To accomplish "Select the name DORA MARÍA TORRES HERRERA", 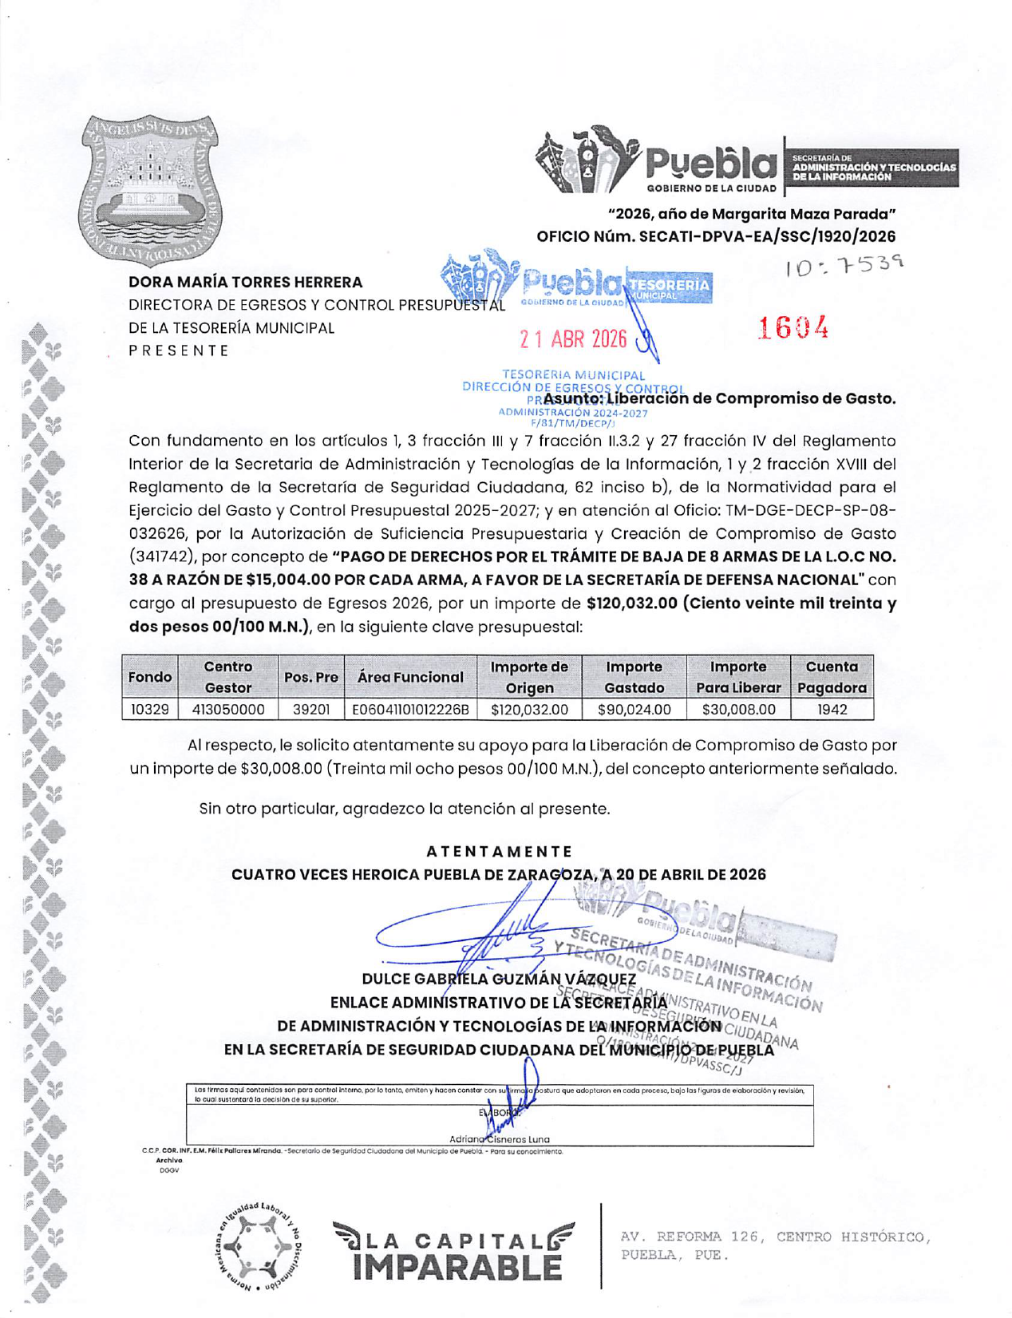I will click(x=245, y=282).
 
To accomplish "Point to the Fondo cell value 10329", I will click(x=150, y=709).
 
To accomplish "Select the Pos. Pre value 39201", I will click(x=310, y=709).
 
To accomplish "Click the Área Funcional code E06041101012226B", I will click(x=410, y=709).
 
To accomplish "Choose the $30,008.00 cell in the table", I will click(x=738, y=709).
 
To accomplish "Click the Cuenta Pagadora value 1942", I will click(x=832, y=709).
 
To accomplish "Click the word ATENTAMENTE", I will click(x=499, y=851).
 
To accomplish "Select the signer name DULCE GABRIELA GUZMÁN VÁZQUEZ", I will click(x=499, y=979).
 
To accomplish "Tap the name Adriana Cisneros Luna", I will click(x=499, y=1139).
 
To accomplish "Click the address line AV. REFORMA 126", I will click(x=774, y=1237).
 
